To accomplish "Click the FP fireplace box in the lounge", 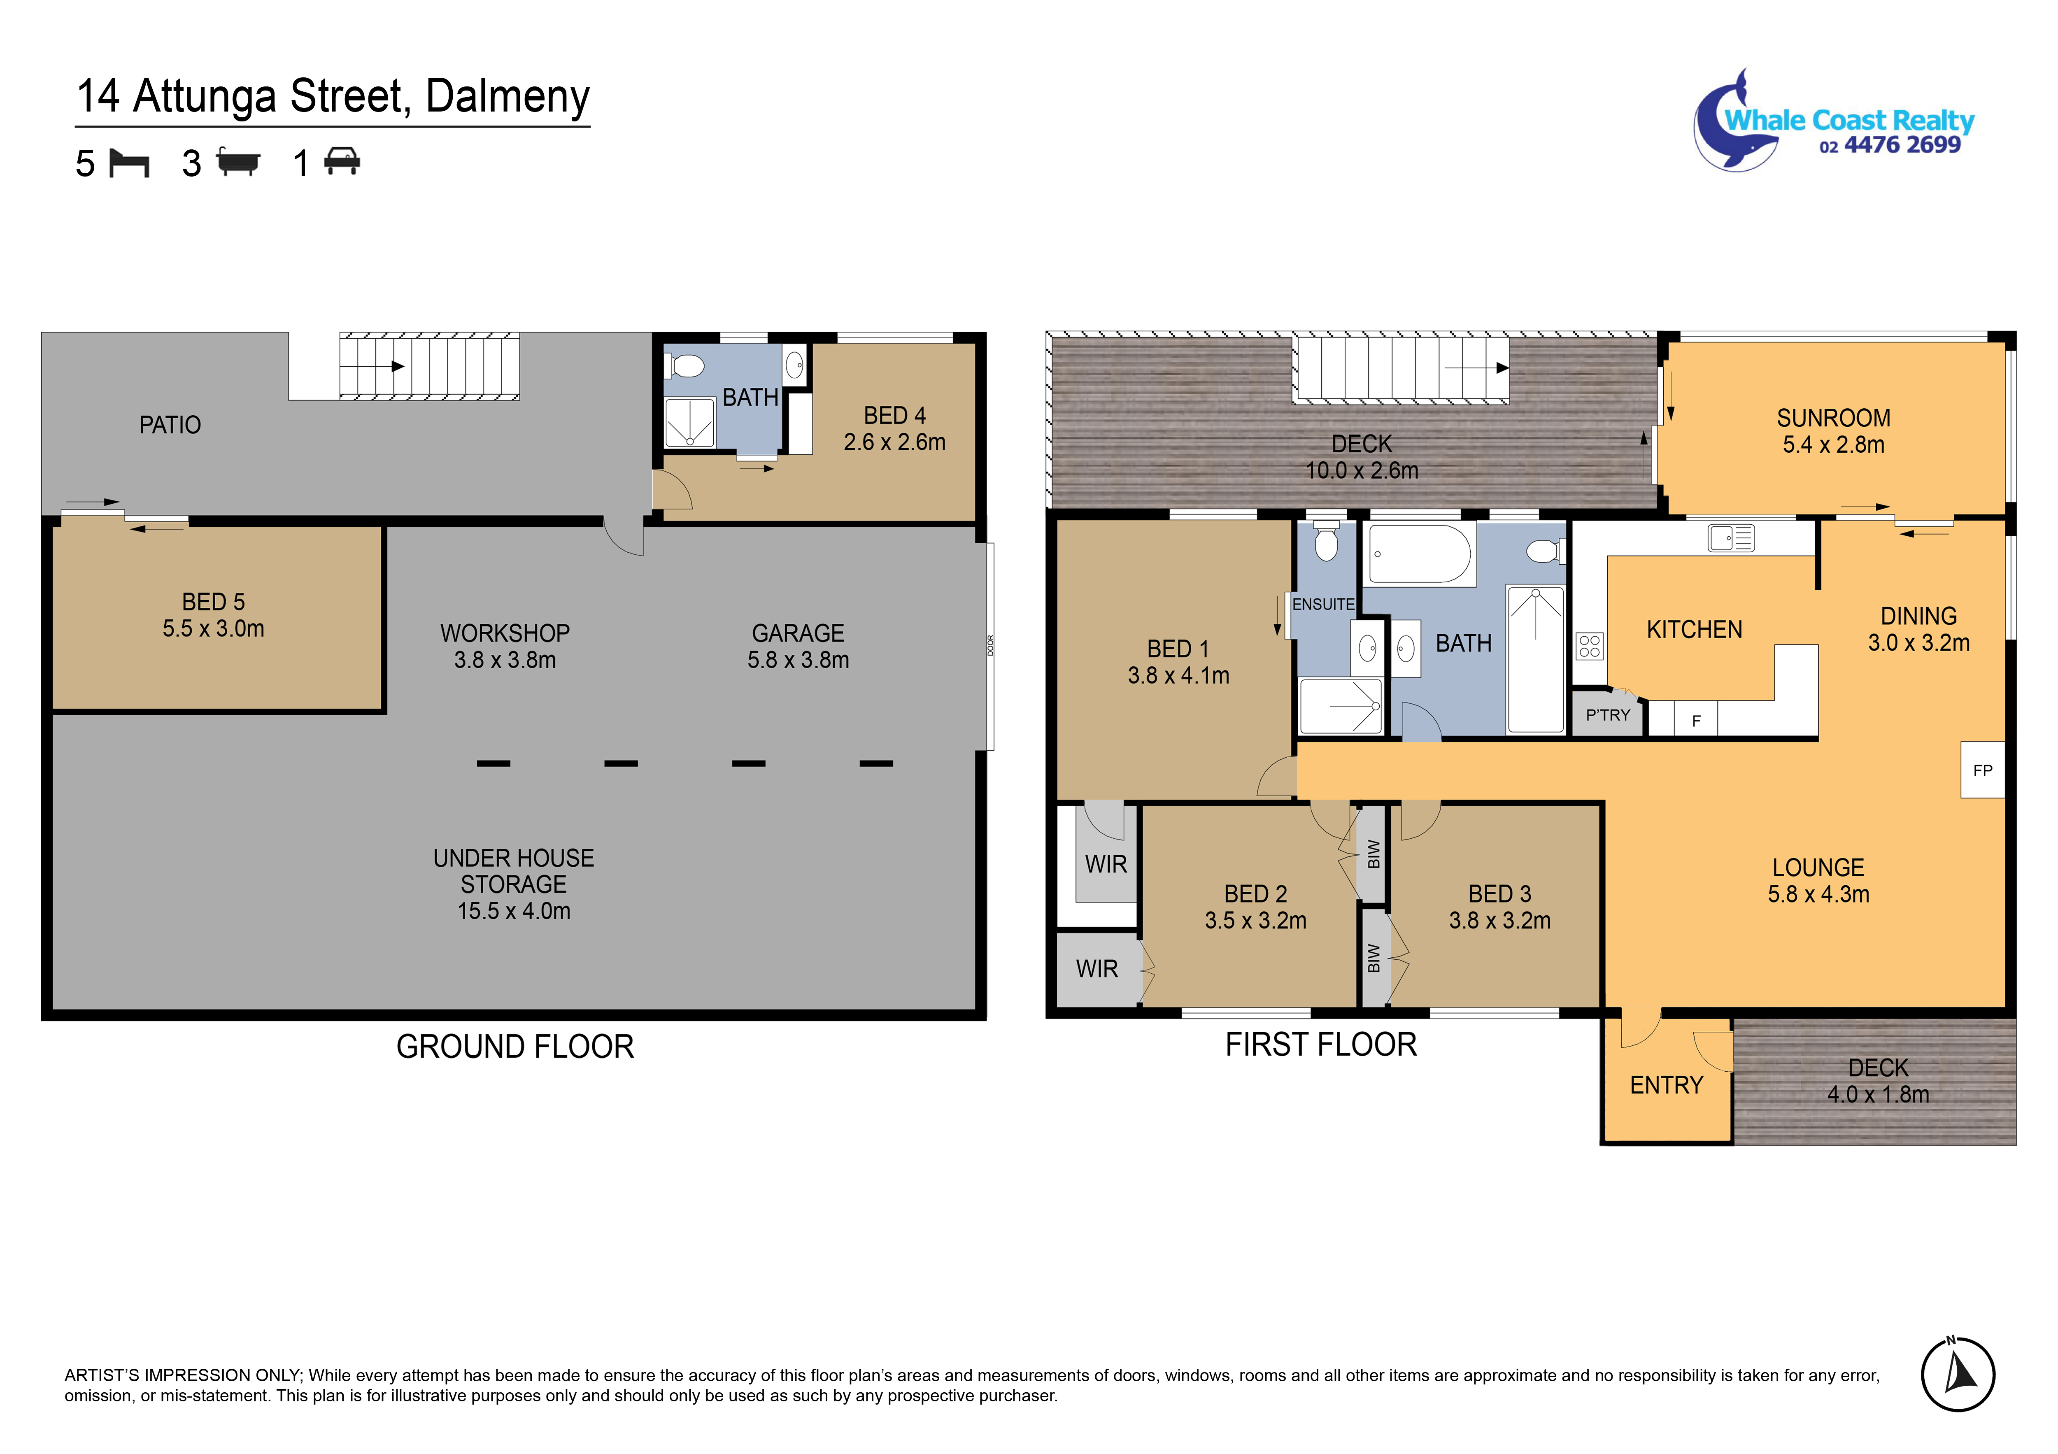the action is click(x=1982, y=770).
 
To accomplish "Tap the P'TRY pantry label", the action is click(x=1608, y=715).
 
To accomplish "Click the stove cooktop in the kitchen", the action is click(x=1589, y=645).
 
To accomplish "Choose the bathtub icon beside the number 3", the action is click(x=238, y=163).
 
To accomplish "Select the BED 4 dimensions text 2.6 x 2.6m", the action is click(x=894, y=442).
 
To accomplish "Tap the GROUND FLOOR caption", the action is click(x=515, y=1046).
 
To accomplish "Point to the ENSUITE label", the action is click(x=1323, y=604).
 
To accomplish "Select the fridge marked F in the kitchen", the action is click(x=1696, y=720).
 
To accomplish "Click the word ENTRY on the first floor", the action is click(x=1666, y=1086).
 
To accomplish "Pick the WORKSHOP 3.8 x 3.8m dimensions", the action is click(x=505, y=660).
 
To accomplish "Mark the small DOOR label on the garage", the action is click(x=990, y=645).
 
